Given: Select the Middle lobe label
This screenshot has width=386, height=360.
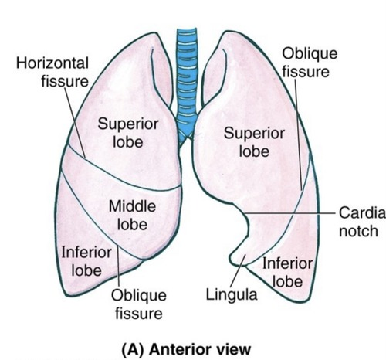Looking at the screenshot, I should [x=132, y=215].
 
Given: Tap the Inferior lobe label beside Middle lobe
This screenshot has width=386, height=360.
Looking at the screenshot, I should [x=86, y=261].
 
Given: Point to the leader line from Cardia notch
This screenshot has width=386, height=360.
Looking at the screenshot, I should [x=293, y=212].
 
